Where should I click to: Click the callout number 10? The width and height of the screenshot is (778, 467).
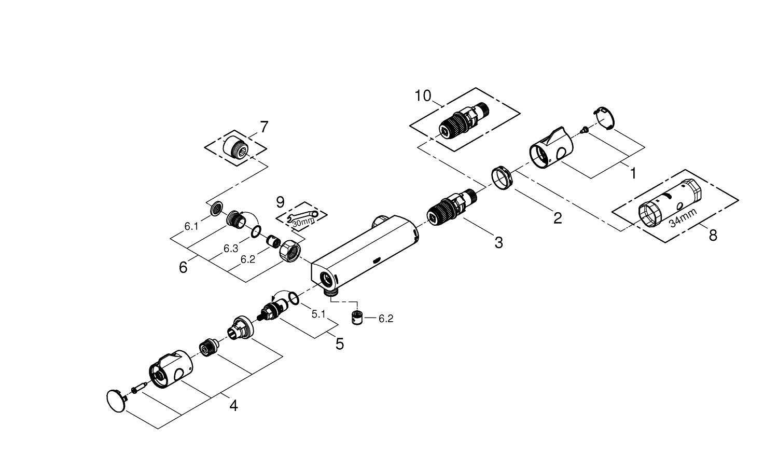coord(423,95)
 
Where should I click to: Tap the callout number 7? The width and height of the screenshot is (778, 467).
coord(264,127)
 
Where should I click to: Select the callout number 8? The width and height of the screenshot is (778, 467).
coord(713,235)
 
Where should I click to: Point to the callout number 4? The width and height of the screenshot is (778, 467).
coord(233,405)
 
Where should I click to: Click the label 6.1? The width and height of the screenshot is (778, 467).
coord(191,226)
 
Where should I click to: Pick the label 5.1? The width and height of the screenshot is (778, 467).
coord(318,313)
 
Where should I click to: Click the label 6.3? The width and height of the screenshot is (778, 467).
coord(230,249)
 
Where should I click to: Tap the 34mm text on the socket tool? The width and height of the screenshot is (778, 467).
coord(682,217)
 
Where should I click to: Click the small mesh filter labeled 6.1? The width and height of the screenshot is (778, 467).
coord(217,210)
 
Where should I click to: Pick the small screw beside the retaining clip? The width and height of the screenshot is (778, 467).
coord(584,129)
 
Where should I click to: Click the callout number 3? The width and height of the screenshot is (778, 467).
coord(498,242)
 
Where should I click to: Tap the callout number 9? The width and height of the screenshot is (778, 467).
coord(280,201)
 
